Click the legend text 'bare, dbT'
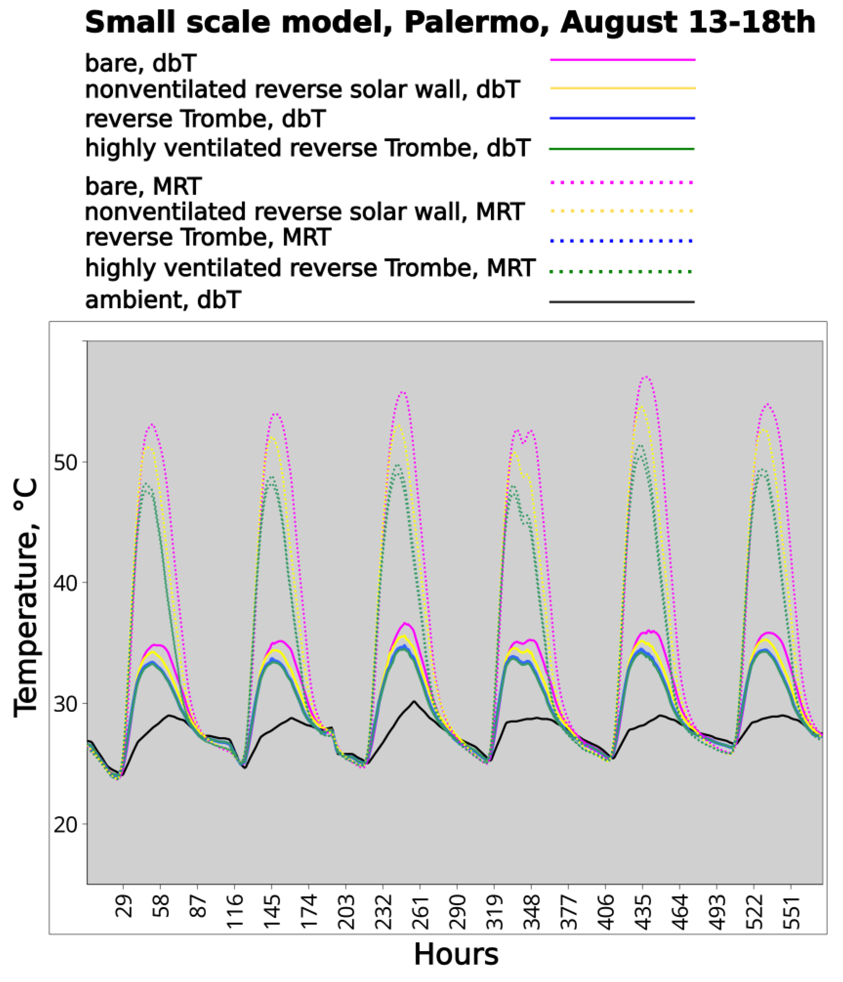[x=141, y=63]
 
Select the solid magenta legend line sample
[x=622, y=60]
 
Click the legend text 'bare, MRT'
[x=143, y=186]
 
